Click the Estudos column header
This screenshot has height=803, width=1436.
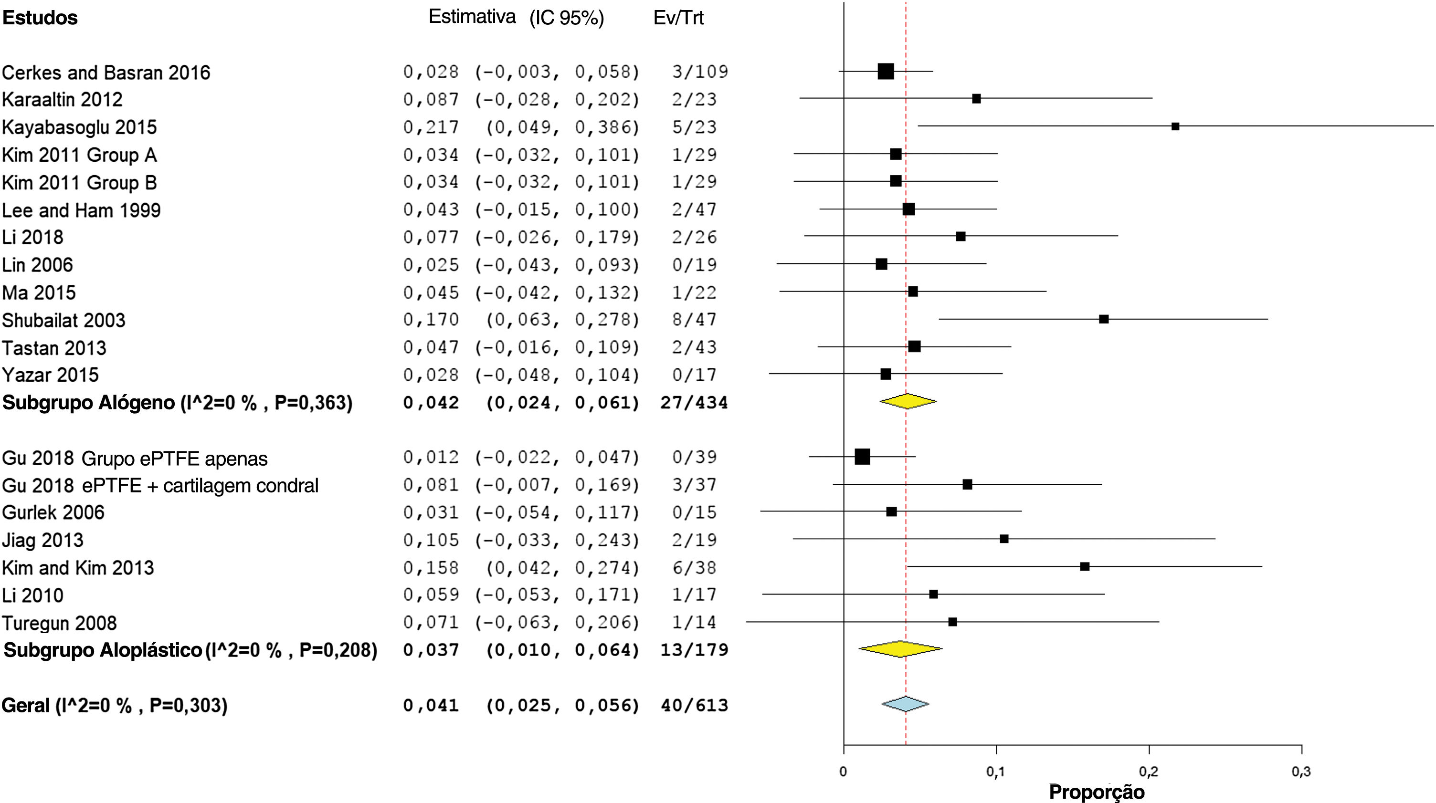coord(40,18)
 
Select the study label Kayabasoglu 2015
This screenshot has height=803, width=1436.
coord(79,127)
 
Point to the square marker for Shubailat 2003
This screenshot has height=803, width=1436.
coord(1104,319)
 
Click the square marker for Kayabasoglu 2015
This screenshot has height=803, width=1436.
coord(1175,126)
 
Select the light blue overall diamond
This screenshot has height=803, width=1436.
coord(905,704)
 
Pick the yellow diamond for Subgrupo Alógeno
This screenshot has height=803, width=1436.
coord(908,401)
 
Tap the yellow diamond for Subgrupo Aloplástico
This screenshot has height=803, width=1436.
coord(900,648)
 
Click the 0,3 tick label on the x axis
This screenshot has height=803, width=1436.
coord(1301,772)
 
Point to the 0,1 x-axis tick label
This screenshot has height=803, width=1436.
coord(996,772)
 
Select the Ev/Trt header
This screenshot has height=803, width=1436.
coord(678,18)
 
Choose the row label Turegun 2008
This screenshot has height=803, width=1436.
coord(59,623)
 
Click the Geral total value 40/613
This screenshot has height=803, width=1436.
coord(695,706)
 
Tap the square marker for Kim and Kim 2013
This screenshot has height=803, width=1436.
coord(1085,567)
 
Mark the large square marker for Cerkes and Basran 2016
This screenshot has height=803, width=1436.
coord(886,71)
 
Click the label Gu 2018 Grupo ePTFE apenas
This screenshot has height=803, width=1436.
coord(134,459)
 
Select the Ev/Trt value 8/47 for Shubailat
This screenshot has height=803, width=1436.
coord(694,320)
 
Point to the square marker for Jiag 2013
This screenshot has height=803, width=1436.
coord(1004,539)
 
